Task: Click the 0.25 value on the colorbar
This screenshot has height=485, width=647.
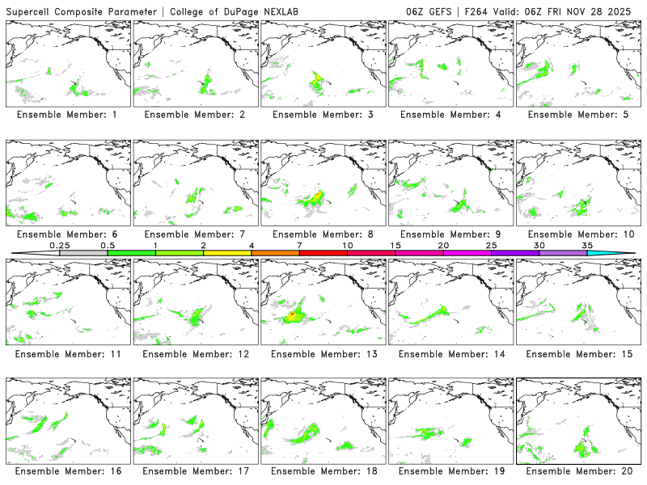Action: [x=59, y=244]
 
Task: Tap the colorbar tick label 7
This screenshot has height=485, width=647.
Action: [x=299, y=244]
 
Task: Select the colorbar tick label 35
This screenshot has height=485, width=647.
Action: [x=587, y=244]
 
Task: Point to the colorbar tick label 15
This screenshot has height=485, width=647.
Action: [x=395, y=244]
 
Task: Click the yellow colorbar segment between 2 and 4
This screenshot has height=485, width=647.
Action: [x=227, y=253]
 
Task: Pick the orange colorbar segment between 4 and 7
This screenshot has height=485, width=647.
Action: [x=275, y=253]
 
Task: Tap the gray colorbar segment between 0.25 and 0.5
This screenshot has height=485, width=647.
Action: [x=83, y=253]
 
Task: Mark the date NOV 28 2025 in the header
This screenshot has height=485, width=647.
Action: [x=608, y=10]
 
